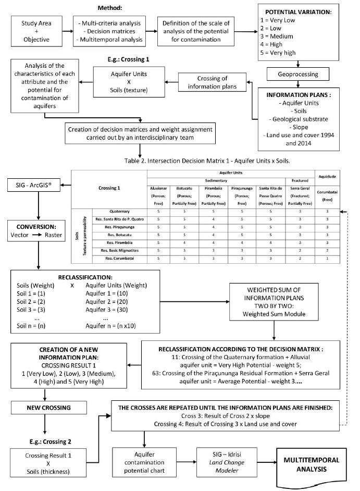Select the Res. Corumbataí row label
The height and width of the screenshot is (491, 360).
(116, 259)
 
